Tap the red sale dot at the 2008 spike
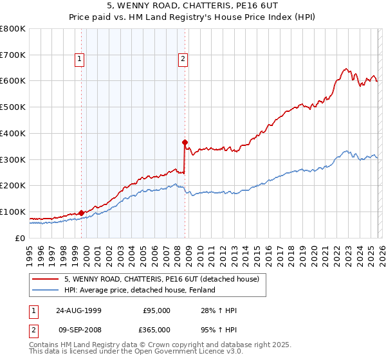[x=185, y=142]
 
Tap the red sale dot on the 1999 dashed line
[x=82, y=213]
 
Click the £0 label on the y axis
[x=21, y=238]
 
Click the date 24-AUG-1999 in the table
[x=76, y=310]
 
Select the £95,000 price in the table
[x=156, y=310]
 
